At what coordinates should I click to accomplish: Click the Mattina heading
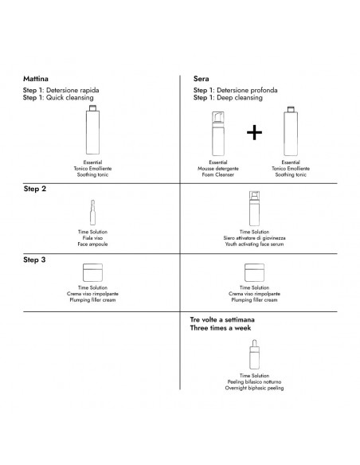pos(36,79)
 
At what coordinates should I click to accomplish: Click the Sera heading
pos(201,79)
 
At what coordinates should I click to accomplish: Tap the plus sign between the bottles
pos(254,132)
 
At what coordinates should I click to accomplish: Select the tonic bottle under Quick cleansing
pos(93,130)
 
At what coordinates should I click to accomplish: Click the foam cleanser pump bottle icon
pos(218,134)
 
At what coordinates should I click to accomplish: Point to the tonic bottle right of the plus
pos(291,131)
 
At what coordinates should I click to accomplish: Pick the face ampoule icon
pos(92,213)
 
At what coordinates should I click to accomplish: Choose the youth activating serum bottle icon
pos(254,209)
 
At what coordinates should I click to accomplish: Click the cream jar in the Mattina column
pos(93,272)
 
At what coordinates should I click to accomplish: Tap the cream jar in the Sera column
pos(254,272)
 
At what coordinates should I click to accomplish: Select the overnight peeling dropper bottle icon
pos(254,354)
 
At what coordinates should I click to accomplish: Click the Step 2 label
pos(35,189)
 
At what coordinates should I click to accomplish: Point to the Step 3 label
pos(34,260)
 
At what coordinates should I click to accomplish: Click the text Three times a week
pos(221,328)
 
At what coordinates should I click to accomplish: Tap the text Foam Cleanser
pos(218,174)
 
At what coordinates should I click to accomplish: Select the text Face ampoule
pos(92,244)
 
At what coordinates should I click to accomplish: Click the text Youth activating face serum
pos(254,244)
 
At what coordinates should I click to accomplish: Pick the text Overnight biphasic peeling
pos(254,388)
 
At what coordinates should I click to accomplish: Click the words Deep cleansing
pos(240,98)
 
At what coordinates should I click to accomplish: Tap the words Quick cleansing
pos(69,98)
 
